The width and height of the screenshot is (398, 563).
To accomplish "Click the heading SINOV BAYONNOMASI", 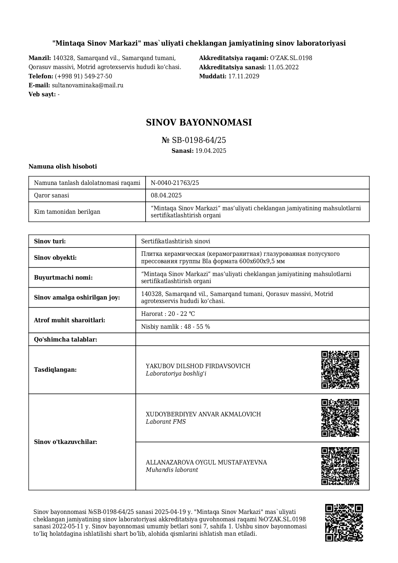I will pyautogui.click(x=199, y=123).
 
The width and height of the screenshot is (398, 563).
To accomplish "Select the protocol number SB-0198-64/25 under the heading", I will pyautogui.click(x=199, y=140).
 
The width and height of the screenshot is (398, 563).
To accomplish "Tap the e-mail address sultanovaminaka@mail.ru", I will pyautogui.click(x=88, y=85).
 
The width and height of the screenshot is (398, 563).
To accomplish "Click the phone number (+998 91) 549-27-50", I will pyautogui.click(x=83, y=76).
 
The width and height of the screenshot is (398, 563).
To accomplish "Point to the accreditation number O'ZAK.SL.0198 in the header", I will pyautogui.click(x=291, y=58).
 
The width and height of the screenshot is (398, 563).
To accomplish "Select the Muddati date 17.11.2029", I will pyautogui.click(x=243, y=76).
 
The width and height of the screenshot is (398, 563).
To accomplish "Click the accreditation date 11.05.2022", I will pyautogui.click(x=283, y=67).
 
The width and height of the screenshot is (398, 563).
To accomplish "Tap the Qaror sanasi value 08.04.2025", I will pyautogui.click(x=166, y=195).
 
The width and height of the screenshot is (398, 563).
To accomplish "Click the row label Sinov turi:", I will pyautogui.click(x=50, y=241).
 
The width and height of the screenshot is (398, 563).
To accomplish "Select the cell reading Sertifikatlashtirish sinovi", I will pyautogui.click(x=176, y=241).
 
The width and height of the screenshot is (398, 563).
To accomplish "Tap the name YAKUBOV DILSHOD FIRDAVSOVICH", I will pyautogui.click(x=198, y=366).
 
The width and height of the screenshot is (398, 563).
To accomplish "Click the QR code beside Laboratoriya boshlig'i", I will pyautogui.click(x=340, y=370).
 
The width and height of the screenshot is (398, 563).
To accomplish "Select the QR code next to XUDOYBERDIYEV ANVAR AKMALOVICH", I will pyautogui.click(x=340, y=418).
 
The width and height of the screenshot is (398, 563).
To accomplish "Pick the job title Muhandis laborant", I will pyautogui.click(x=172, y=470).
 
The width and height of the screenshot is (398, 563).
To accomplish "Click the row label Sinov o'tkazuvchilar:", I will pyautogui.click(x=65, y=442).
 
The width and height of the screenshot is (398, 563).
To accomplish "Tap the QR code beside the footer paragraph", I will pyautogui.click(x=344, y=523).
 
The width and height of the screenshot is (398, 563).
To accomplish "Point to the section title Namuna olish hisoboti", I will pyautogui.click(x=63, y=167).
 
